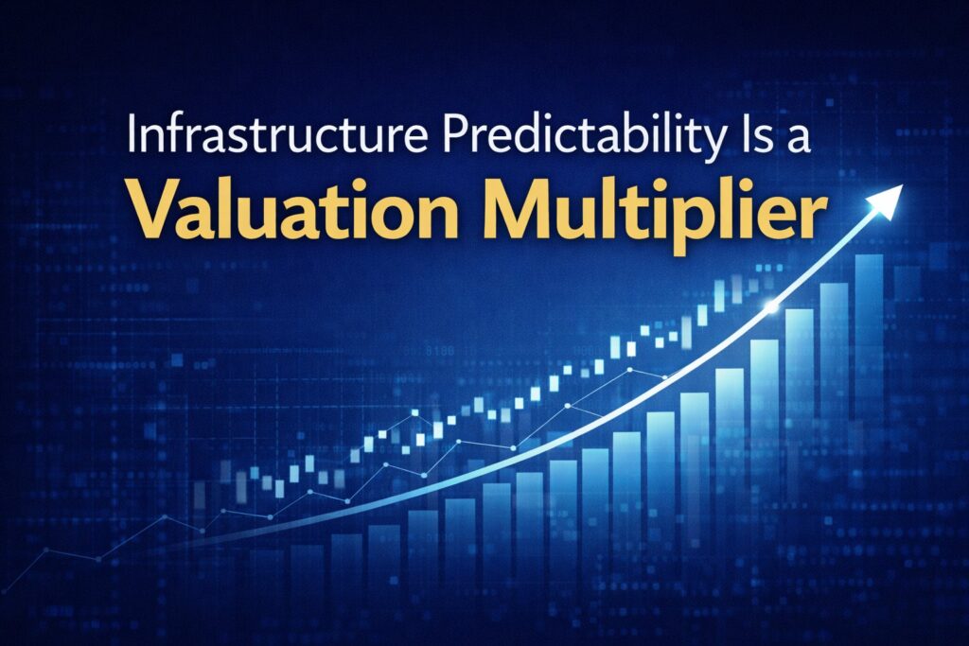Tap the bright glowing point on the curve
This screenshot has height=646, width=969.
pos(771,306)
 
